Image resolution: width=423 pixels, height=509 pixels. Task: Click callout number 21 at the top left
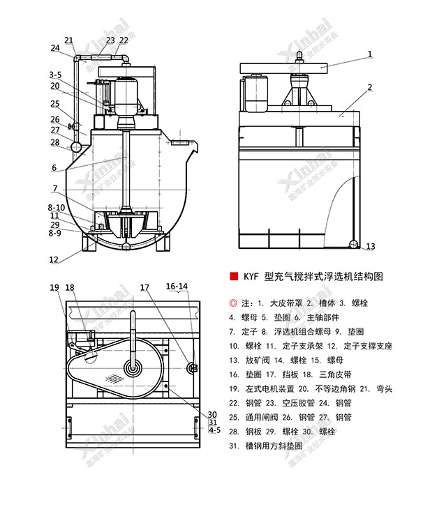point(68,40)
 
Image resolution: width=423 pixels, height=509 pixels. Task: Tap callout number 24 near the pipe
point(55,48)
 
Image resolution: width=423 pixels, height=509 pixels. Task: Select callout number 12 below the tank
point(54,259)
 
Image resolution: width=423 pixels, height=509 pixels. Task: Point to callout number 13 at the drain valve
point(371,246)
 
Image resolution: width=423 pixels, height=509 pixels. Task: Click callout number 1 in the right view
point(370,53)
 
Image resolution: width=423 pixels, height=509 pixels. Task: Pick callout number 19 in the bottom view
point(54,287)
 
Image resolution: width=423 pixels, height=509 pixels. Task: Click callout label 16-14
point(177,287)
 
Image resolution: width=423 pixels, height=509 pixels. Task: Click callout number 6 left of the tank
point(54,167)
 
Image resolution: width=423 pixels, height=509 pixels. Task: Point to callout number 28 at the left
point(54,143)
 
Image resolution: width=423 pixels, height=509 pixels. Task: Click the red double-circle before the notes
point(233,303)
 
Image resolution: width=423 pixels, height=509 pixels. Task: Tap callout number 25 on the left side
point(54,104)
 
